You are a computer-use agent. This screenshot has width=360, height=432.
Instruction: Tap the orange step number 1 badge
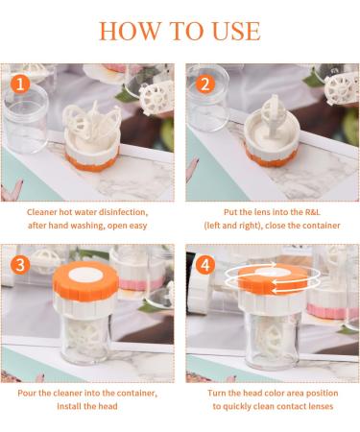16,83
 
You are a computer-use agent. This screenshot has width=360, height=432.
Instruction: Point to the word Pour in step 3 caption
33,393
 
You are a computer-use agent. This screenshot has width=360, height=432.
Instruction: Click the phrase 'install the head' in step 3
88,407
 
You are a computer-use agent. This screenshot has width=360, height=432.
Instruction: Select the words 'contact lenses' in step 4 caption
301,407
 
